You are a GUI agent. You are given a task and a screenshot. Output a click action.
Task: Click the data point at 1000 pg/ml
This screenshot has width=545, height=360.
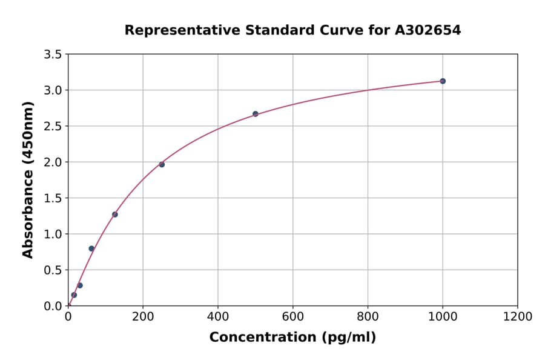(443, 81)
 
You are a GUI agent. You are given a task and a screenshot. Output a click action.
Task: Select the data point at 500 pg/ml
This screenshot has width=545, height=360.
(256, 114)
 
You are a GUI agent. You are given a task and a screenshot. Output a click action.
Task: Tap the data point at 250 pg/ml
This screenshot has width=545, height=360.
(162, 164)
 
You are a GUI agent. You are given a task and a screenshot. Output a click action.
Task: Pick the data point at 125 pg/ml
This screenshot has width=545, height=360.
(115, 215)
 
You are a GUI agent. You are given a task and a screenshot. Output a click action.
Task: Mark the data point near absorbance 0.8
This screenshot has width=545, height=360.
(91, 248)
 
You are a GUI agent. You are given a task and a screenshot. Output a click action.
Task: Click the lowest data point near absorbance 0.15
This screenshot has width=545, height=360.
(74, 295)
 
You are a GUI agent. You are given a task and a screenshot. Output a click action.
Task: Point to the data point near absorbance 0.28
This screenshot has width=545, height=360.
(80, 285)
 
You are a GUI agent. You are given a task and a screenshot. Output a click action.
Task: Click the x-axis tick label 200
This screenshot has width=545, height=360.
(143, 317)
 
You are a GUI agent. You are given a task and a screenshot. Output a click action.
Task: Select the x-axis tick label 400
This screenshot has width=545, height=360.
(218, 317)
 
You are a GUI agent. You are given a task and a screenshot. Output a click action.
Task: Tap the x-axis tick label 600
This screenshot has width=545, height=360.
(293, 317)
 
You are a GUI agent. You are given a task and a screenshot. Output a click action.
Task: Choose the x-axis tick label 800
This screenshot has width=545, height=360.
(368, 317)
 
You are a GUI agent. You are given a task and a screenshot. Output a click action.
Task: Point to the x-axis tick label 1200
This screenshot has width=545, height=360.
(518, 317)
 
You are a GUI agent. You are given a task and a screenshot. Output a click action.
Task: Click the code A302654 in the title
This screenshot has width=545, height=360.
(428, 30)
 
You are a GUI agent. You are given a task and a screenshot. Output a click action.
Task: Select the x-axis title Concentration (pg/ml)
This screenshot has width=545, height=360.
(292, 338)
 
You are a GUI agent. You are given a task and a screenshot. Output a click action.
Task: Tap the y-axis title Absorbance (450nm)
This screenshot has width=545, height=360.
(28, 180)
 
